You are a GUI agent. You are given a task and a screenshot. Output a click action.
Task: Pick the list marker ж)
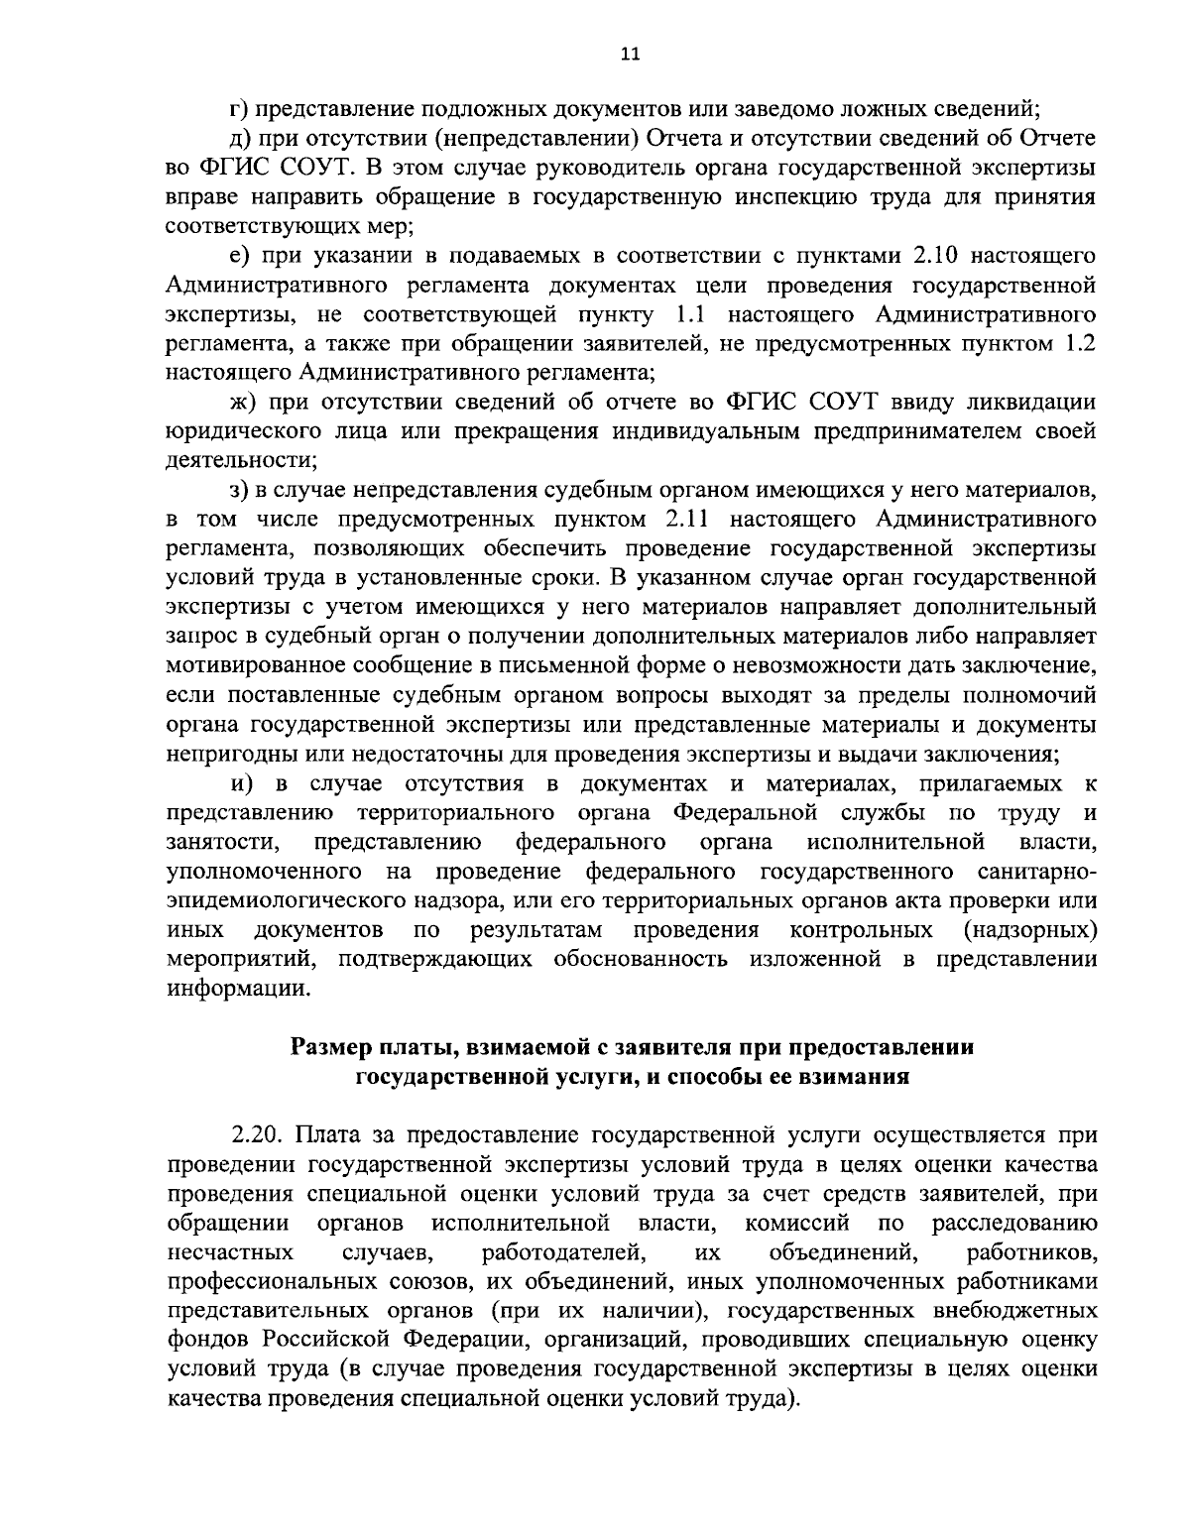242,403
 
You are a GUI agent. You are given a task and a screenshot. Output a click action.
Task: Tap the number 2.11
683,519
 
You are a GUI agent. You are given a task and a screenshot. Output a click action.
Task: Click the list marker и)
243,784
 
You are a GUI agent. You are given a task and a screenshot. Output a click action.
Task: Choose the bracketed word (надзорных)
1029,931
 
